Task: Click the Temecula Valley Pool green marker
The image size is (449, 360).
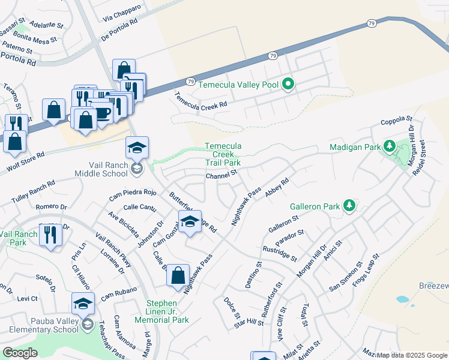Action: coord(288,85)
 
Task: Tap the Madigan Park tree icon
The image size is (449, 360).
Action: coord(389,146)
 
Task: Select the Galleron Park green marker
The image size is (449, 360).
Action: coord(349,206)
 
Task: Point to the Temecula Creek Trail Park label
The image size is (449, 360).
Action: coord(223,154)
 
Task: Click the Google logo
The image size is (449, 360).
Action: coord(20,353)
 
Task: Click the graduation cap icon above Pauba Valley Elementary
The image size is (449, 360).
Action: coord(83,304)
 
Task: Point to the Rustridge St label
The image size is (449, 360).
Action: coord(279,253)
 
